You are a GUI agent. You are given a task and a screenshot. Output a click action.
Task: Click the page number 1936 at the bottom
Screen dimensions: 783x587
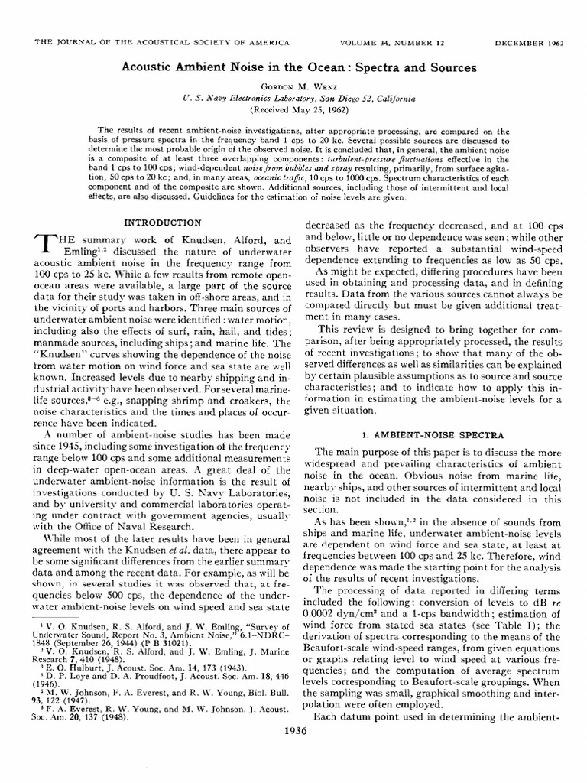pos(293,750)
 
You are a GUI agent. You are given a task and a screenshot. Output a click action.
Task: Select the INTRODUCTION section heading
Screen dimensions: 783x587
pos(163,223)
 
